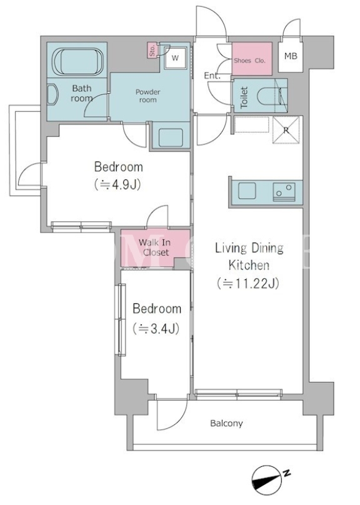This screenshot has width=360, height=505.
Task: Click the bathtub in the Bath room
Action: [77, 62]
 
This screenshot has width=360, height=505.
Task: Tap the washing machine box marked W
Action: [175, 57]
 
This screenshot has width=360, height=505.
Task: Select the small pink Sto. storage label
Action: [152, 50]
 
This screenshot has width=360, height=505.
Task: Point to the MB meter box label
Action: [291, 56]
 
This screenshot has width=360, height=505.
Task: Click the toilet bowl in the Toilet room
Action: [268, 95]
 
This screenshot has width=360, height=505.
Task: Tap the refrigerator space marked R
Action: [286, 129]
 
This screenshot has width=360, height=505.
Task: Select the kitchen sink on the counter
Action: [247, 191]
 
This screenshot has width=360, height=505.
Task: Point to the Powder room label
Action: [147, 96]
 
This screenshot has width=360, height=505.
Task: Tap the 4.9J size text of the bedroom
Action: [119, 184]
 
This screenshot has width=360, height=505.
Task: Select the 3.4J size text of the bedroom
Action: [156, 329]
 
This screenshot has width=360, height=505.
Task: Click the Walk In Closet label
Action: [155, 247]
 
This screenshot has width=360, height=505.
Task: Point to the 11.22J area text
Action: [248, 283]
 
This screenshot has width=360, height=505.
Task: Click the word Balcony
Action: [226, 423]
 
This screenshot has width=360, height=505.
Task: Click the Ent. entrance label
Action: [212, 76]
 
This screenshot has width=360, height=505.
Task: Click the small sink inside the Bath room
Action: [52, 95]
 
